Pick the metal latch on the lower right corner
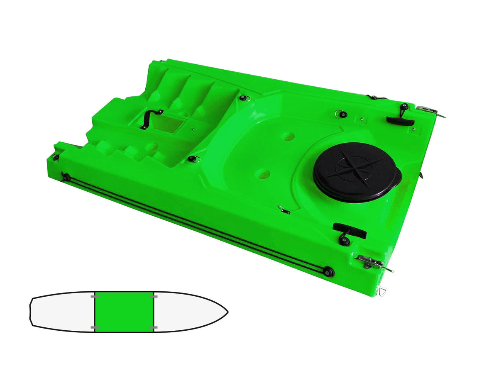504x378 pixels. [372, 262]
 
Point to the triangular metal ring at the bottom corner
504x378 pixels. [382, 292]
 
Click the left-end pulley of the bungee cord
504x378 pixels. [66, 178]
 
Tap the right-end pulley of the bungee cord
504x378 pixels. [329, 272]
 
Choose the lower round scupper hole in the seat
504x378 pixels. [263, 174]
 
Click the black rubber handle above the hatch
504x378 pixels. [400, 121]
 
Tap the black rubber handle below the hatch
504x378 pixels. [349, 231]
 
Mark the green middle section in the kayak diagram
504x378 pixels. [124, 311]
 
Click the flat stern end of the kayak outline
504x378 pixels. [31, 311]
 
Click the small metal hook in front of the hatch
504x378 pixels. [284, 210]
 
